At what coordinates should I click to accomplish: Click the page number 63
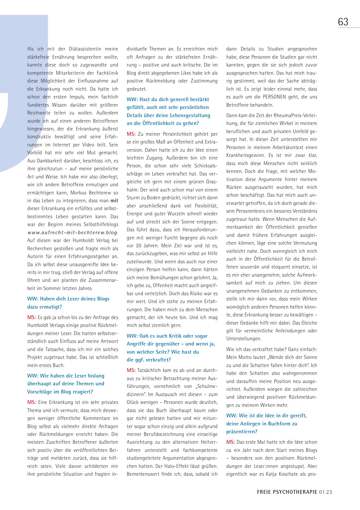[343, 22]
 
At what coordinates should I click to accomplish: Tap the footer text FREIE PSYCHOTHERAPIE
[287, 492]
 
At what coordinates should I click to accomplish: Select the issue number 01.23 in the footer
[325, 492]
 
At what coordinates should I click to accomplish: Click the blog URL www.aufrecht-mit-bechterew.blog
[73, 232]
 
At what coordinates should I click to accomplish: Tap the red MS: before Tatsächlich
[131, 370]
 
